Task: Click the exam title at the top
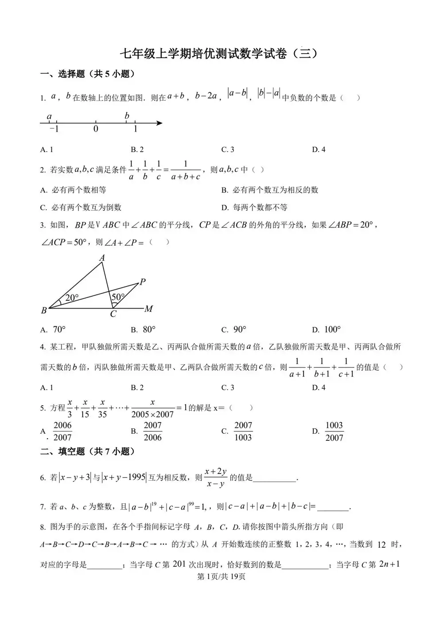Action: tap(220, 54)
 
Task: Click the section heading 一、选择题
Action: tap(87, 74)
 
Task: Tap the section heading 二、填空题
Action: tap(87, 451)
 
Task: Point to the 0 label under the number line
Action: tap(96, 129)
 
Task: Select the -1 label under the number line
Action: tap(54, 129)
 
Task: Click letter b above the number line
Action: tap(127, 116)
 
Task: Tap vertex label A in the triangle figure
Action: tap(102, 258)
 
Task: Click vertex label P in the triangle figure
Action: tap(143, 282)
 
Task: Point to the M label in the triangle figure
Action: tap(149, 309)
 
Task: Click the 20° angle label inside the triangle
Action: tap(72, 298)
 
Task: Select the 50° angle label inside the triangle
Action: tap(118, 297)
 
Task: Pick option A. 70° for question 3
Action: tap(54, 329)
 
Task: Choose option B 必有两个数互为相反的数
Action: tap(270, 190)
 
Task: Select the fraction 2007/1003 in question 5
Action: tap(243, 431)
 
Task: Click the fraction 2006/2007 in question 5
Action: tap(62, 431)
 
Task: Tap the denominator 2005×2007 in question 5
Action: tap(152, 414)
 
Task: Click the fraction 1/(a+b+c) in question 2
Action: tap(185, 170)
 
